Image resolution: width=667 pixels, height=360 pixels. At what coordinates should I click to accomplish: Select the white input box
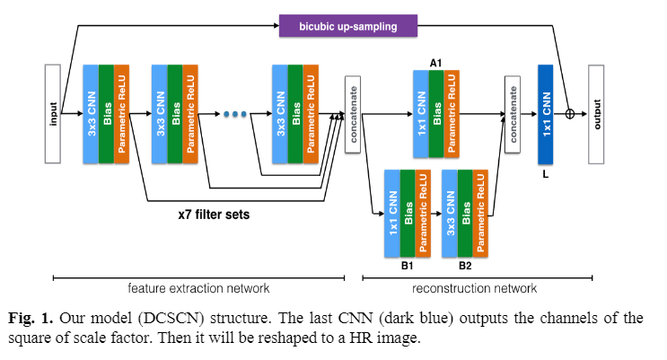(x=52, y=113)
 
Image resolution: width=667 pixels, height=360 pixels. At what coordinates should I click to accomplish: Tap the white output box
(x=597, y=113)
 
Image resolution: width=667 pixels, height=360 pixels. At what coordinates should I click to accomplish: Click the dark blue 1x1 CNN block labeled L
(x=545, y=114)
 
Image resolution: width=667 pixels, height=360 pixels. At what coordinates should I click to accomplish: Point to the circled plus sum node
(x=569, y=114)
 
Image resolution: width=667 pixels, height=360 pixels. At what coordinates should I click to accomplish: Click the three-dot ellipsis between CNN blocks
(x=234, y=114)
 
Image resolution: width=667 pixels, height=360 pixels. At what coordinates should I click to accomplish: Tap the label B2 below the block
(x=465, y=266)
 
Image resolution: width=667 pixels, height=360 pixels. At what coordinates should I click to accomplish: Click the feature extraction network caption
(x=199, y=288)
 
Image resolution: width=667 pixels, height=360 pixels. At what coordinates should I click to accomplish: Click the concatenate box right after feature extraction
(x=353, y=114)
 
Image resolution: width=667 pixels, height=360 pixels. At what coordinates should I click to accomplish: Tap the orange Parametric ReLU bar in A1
(x=452, y=114)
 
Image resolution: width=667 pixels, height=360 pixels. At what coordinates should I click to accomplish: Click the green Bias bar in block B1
(x=407, y=215)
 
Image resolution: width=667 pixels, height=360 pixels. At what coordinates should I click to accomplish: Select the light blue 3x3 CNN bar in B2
(x=450, y=215)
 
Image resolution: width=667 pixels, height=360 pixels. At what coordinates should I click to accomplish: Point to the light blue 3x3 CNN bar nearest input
(x=91, y=114)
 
